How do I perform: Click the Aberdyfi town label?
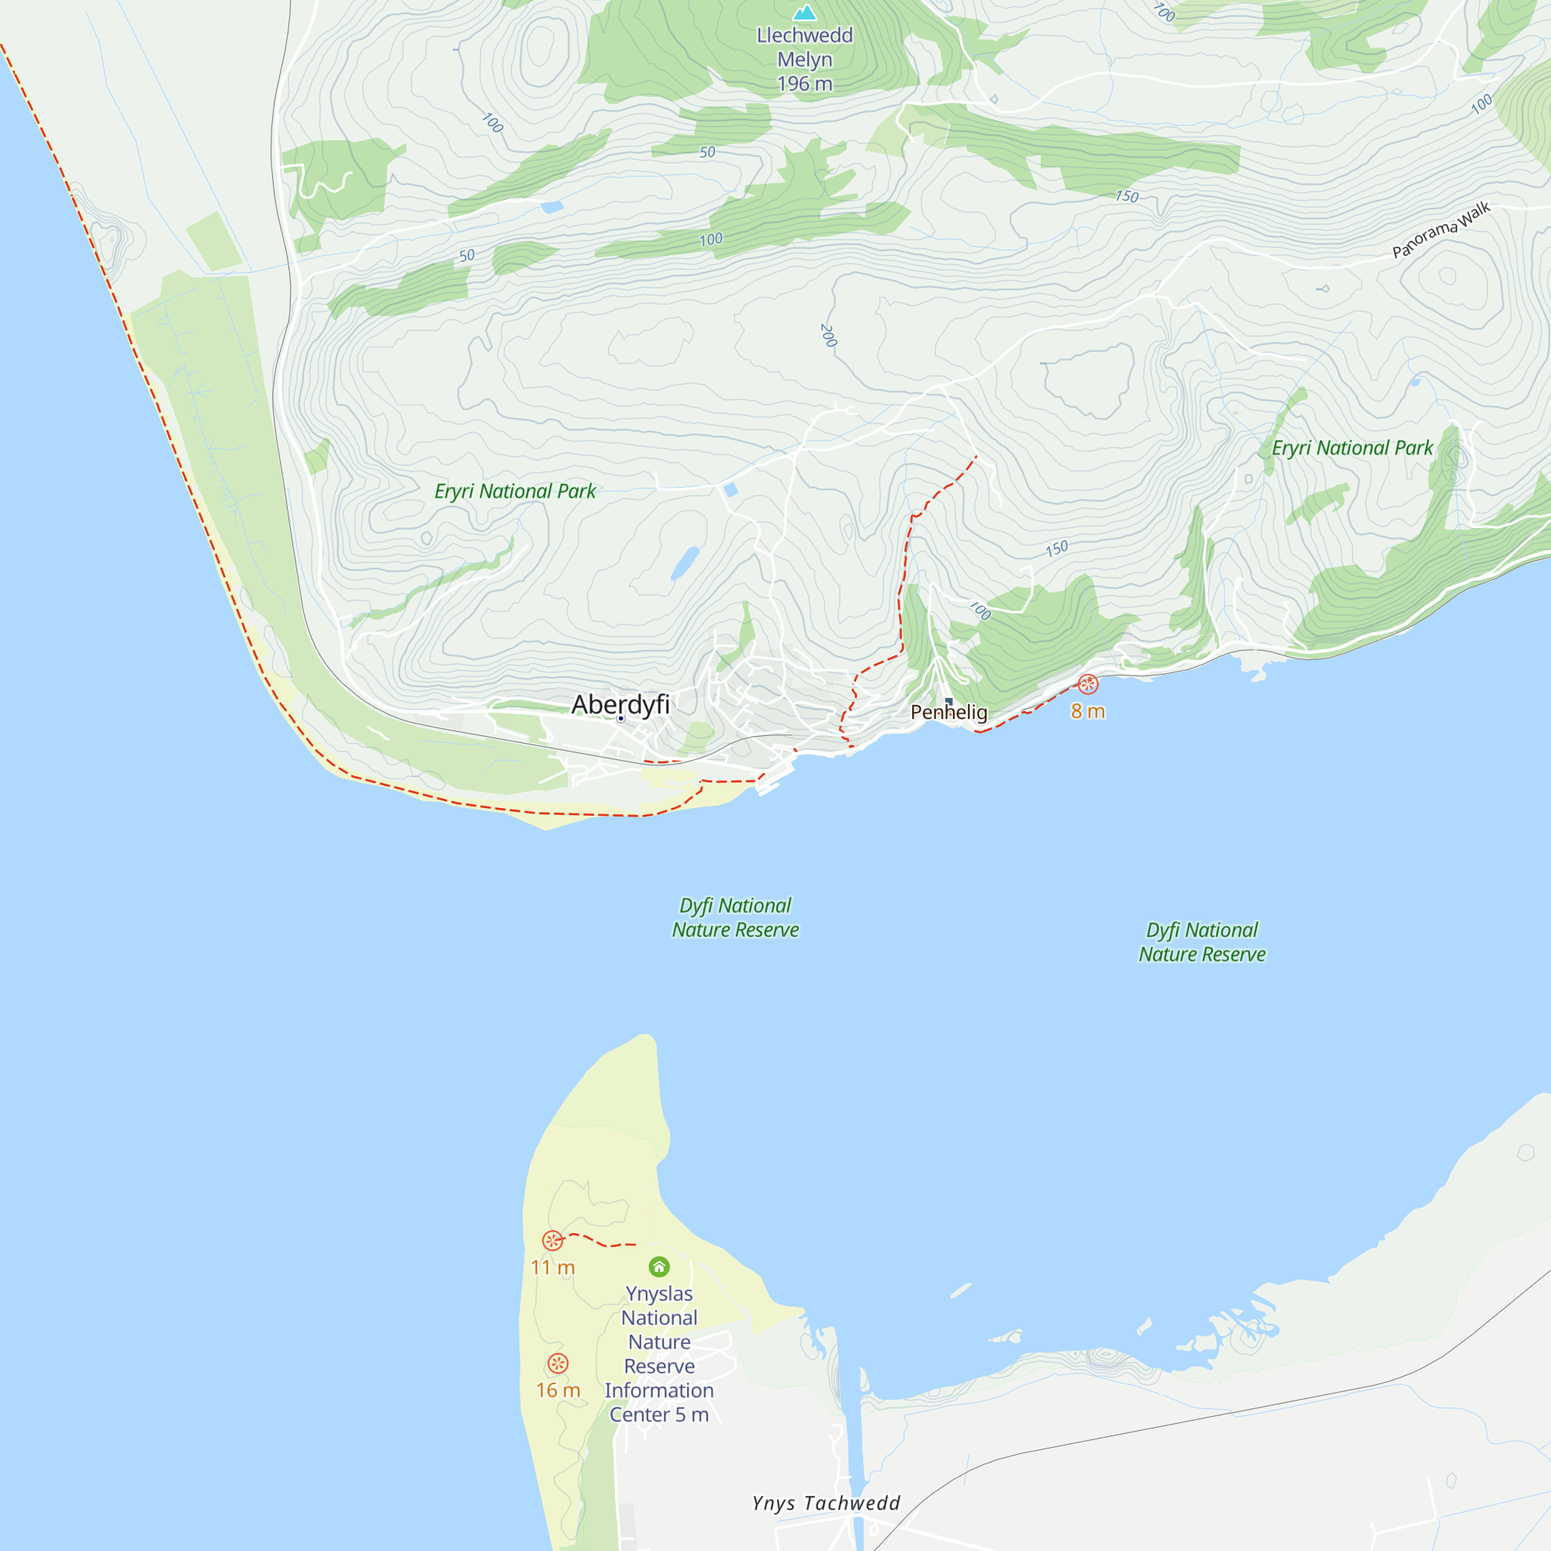[620, 704]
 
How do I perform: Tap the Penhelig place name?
[948, 712]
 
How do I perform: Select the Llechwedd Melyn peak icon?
[804, 13]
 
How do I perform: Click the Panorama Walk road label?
[1441, 230]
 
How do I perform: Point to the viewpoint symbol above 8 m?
[1088, 684]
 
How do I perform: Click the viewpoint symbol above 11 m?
[552, 1240]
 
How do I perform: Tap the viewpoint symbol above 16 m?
[558, 1363]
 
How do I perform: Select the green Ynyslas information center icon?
[659, 1267]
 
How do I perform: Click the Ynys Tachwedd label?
[826, 1503]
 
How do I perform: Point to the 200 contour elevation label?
[828, 336]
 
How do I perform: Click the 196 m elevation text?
[804, 84]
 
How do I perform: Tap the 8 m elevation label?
[1088, 711]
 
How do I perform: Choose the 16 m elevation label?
[558, 1390]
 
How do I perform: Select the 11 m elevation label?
[552, 1268]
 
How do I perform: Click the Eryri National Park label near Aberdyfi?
[515, 492]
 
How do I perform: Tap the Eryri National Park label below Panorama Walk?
[1352, 448]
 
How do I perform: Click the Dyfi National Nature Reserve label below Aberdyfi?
[735, 917]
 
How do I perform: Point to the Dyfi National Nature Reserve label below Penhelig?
[1202, 941]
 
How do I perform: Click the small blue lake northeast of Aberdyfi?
[684, 563]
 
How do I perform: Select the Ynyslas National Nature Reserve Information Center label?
[659, 1353]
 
